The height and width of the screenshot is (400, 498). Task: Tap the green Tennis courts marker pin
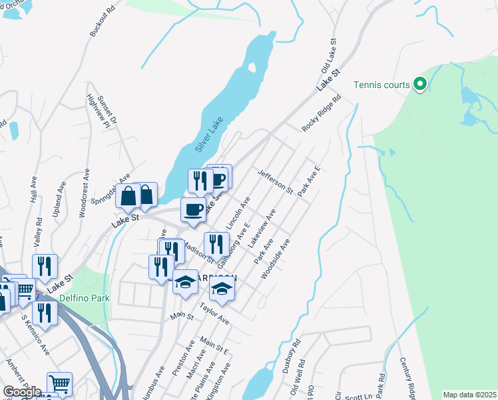(419, 85)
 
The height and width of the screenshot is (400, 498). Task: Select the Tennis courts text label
(382, 85)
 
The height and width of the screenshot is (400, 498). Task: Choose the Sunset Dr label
(107, 110)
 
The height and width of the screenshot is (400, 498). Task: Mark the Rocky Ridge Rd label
(321, 113)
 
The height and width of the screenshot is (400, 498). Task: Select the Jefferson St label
(276, 180)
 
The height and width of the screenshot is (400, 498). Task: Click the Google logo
(22, 391)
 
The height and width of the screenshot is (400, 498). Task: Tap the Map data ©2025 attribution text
(469, 395)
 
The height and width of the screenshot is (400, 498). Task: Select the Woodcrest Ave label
(85, 193)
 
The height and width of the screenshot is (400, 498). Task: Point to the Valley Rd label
(38, 231)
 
